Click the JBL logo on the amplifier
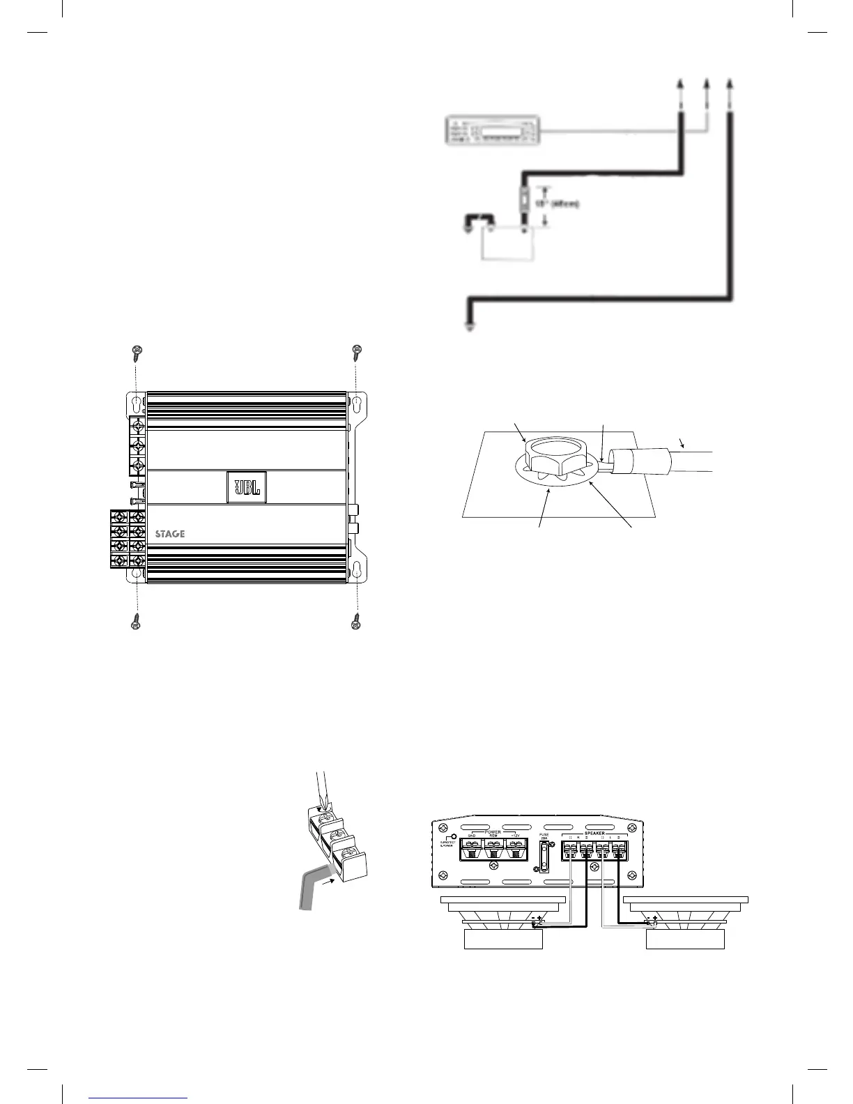pyautogui.click(x=247, y=486)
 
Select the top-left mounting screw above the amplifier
pyautogui.click(x=137, y=351)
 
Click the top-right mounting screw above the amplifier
pyautogui.click(x=357, y=351)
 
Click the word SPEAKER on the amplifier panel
pyautogui.click(x=594, y=832)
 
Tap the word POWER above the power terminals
pyautogui.click(x=493, y=831)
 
